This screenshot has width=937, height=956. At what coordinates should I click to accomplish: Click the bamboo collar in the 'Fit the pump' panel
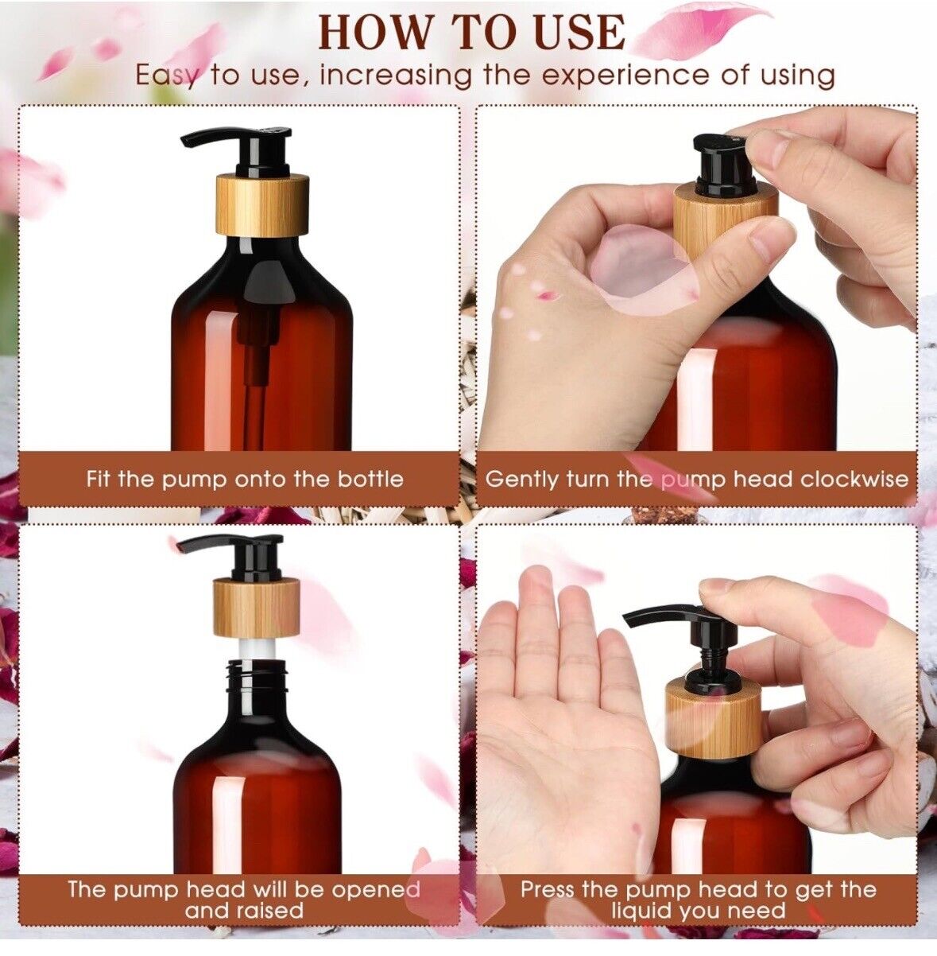pos(262,204)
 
